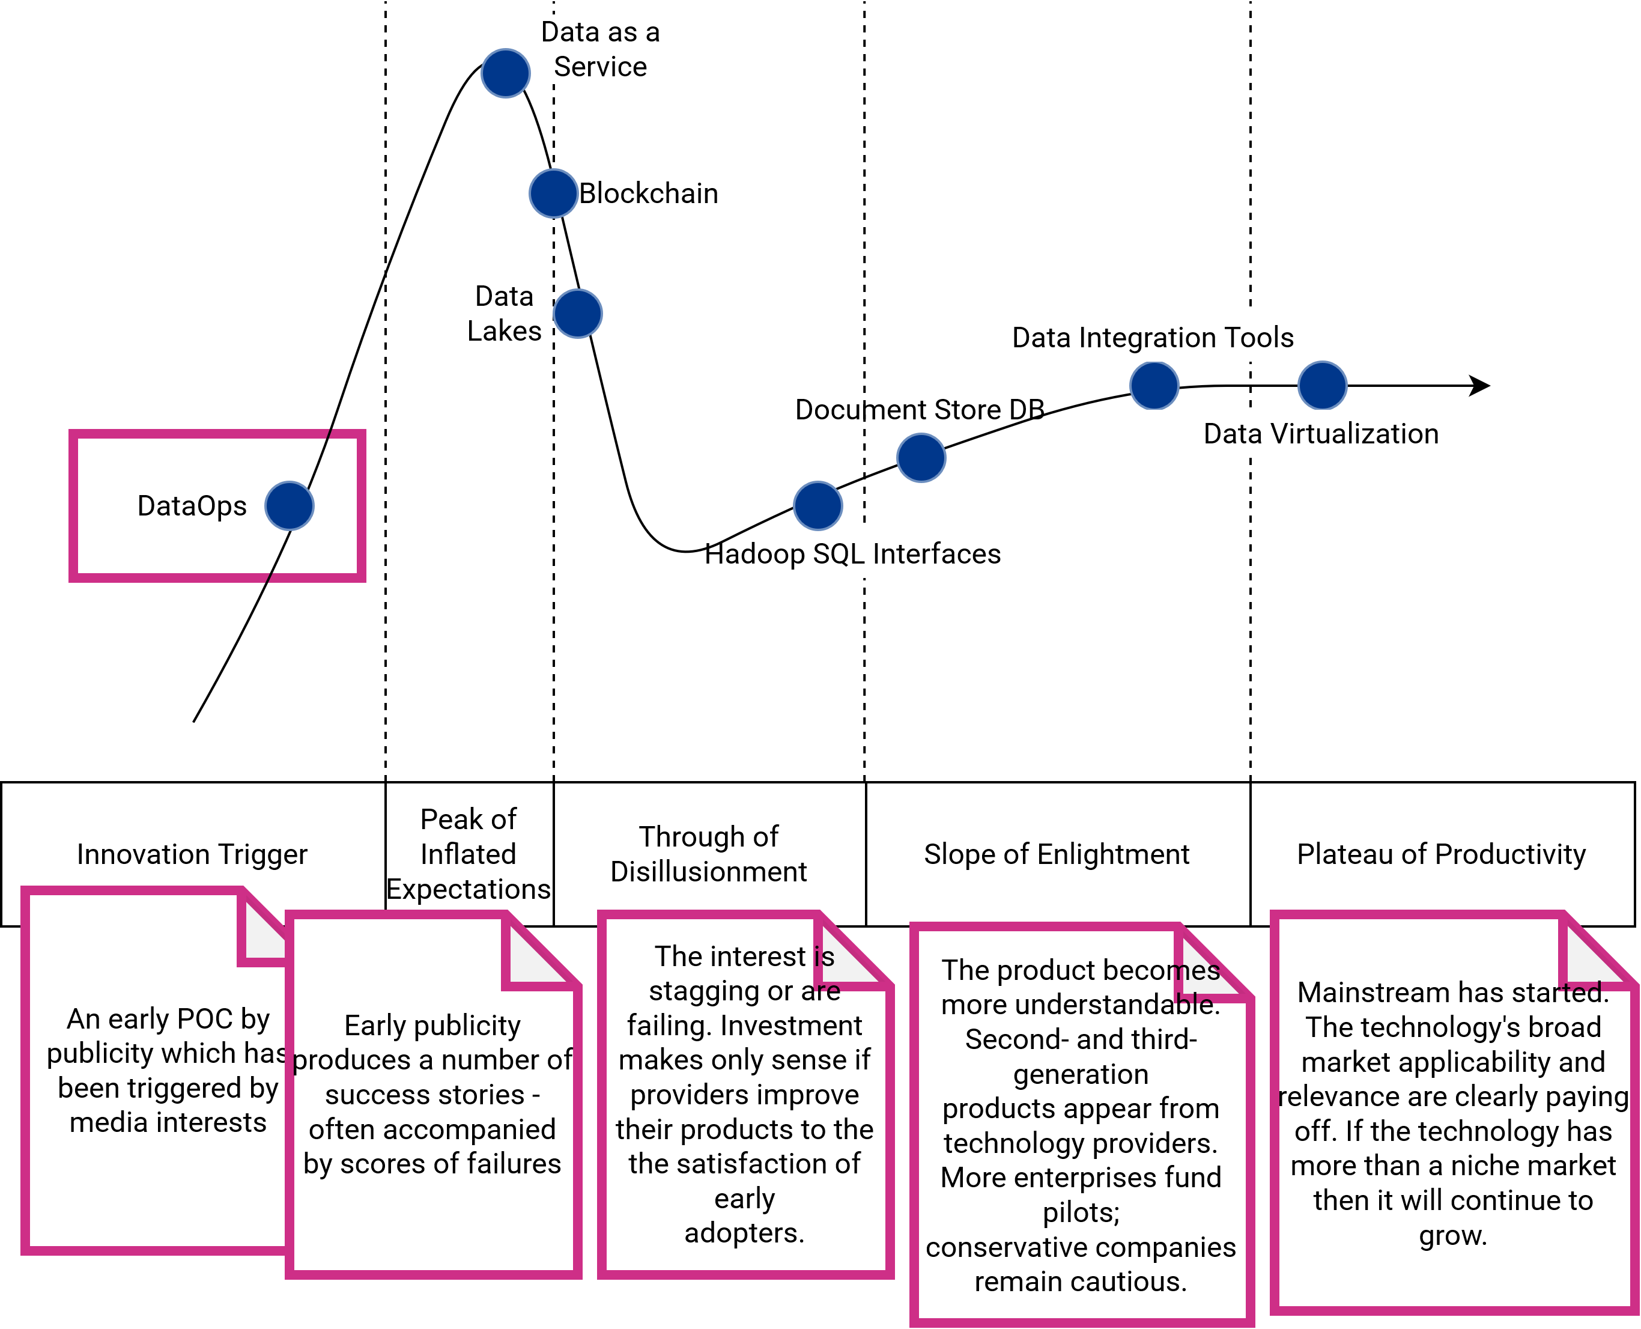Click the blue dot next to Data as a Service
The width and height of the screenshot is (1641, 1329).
[505, 73]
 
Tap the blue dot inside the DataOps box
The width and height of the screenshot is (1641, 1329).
[290, 506]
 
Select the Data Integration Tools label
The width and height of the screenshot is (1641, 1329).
[1153, 338]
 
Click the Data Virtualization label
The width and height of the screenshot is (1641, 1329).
[1321, 434]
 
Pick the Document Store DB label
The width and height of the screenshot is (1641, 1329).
[920, 410]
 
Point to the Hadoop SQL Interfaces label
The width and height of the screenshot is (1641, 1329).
[853, 553]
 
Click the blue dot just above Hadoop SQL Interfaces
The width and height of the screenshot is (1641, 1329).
[817, 506]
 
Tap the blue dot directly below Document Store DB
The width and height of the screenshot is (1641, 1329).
[921, 458]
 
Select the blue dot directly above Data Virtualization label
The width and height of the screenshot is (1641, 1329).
[1322, 385]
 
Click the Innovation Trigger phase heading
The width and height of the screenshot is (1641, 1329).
[192, 854]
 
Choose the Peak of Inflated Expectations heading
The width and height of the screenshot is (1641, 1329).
[469, 854]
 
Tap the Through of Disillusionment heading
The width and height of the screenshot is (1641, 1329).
[709, 854]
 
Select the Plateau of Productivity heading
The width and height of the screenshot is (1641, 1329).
[1441, 854]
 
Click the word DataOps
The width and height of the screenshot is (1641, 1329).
[192, 506]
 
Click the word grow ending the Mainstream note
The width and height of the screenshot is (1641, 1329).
[1453, 1236]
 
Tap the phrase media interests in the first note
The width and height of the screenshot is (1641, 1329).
[168, 1123]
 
